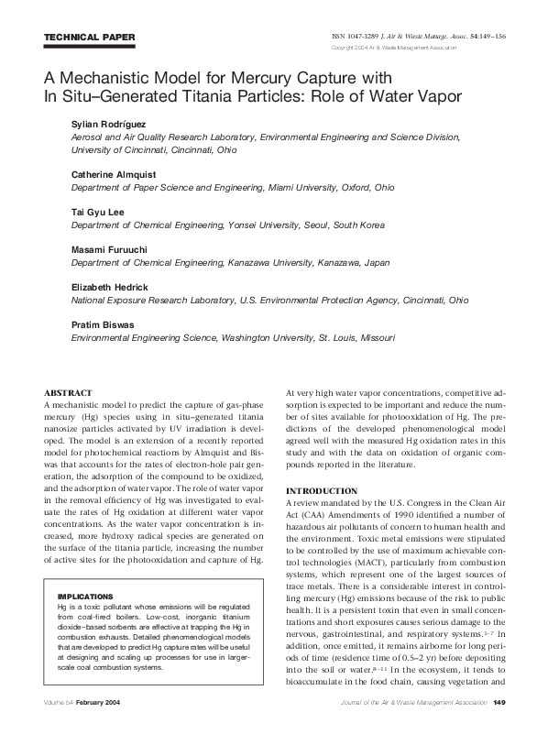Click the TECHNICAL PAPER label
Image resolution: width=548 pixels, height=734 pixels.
(89, 37)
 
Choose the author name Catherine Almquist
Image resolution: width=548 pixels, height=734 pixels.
(117, 173)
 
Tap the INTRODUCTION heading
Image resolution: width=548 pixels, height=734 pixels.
(322, 490)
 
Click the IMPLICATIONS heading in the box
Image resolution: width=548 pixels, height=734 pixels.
(85, 569)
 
